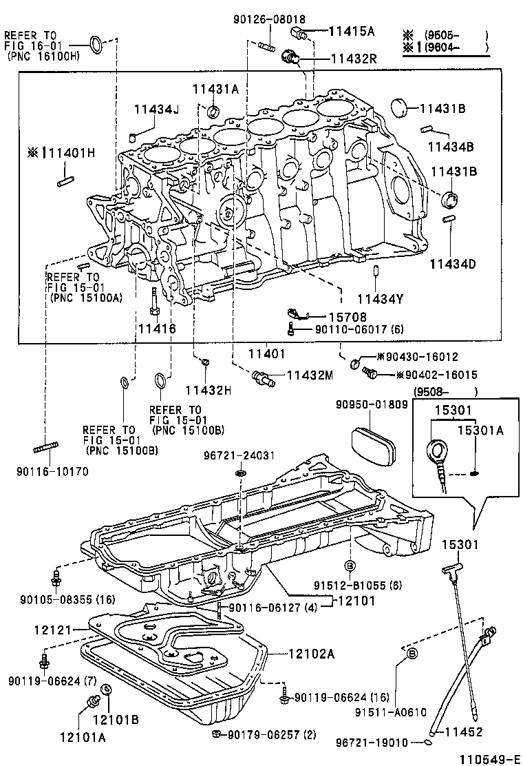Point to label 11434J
[x=156, y=110]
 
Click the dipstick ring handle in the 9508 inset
[x=436, y=452]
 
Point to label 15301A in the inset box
[x=481, y=431]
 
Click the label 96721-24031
[x=240, y=455]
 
